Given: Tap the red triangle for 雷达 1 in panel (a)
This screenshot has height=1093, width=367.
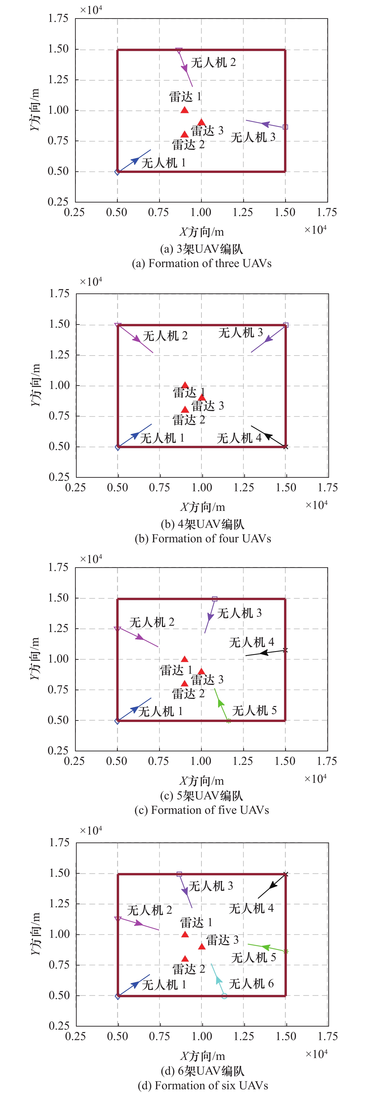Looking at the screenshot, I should pyautogui.click(x=185, y=110).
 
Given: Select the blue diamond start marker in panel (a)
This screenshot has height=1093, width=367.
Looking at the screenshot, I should pyautogui.click(x=117, y=172).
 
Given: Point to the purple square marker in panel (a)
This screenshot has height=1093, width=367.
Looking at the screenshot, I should pyautogui.click(x=285, y=127).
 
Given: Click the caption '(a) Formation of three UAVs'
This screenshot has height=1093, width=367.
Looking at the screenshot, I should pyautogui.click(x=202, y=264).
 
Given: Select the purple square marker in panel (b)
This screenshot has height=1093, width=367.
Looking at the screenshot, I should pyautogui.click(x=285, y=325).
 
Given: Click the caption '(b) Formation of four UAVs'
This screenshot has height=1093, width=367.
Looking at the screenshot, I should pyautogui.click(x=203, y=539).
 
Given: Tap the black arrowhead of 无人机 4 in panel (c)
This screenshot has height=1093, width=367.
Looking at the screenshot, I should pyautogui.click(x=264, y=653).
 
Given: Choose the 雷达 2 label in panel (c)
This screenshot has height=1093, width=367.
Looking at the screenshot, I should pyautogui.click(x=188, y=694).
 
